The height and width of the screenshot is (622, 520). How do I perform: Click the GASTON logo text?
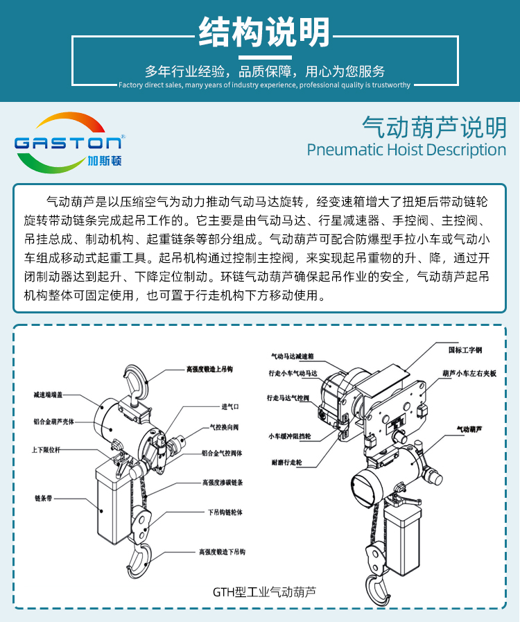[x=69, y=142]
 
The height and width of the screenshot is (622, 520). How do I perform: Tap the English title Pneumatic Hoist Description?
[x=406, y=150]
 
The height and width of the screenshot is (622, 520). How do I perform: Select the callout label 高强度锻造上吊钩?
[x=209, y=370]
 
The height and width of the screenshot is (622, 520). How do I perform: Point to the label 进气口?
[x=230, y=406]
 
